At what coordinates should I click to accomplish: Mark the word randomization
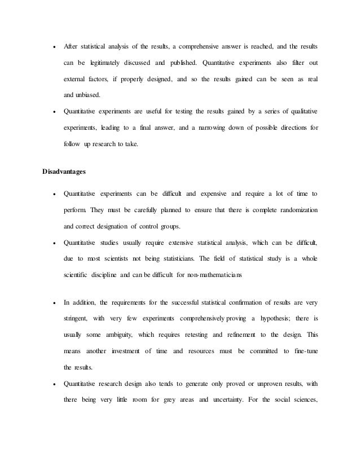click(x=294, y=210)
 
